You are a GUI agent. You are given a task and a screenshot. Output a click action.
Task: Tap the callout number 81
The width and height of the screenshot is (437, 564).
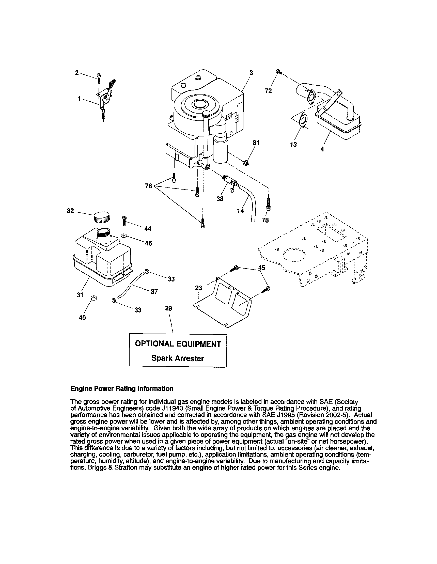click(x=256, y=143)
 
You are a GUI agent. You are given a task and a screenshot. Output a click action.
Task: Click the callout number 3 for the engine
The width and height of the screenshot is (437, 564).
click(x=251, y=73)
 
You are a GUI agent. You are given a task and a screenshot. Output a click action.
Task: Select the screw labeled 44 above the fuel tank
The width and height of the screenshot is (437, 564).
click(x=124, y=220)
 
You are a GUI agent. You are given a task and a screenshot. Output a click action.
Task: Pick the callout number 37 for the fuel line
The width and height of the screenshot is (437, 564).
click(x=154, y=292)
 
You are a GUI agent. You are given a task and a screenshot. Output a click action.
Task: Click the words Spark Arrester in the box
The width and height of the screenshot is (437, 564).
click(x=177, y=358)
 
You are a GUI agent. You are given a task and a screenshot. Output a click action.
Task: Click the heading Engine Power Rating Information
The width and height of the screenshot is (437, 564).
click(x=122, y=389)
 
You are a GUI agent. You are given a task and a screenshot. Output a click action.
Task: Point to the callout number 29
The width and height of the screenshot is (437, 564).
click(x=168, y=308)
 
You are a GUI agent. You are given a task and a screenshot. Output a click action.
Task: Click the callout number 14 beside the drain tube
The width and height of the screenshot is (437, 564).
click(x=240, y=211)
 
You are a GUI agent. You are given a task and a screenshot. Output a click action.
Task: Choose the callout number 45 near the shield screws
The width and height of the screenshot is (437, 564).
click(x=262, y=268)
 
